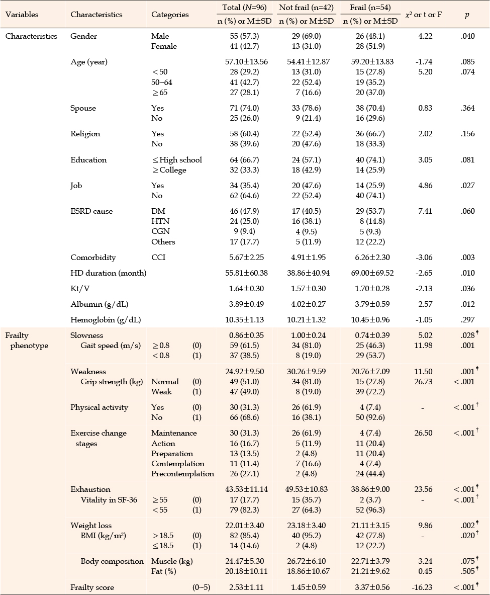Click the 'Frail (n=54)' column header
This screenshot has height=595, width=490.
370,7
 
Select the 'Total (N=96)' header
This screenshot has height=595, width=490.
244,7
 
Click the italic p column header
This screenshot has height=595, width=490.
467,15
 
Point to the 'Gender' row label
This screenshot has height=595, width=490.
83,36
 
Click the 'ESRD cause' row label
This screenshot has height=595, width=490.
91,211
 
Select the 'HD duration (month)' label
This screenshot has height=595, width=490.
109,273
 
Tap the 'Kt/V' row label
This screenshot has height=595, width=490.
80,288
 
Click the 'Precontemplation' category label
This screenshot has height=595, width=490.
182,474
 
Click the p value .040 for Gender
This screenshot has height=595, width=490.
467,36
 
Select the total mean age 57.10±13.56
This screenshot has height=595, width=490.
246,61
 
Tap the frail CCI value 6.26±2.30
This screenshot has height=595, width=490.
372,258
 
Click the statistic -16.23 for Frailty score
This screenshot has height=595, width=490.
423,587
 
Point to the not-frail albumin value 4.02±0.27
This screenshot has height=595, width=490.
309,304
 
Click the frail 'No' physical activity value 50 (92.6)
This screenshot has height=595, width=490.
370,417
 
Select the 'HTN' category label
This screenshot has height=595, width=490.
160,221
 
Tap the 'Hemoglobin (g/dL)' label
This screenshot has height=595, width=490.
106,319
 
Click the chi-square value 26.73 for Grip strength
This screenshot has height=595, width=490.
423,381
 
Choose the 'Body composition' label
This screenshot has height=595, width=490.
112,561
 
